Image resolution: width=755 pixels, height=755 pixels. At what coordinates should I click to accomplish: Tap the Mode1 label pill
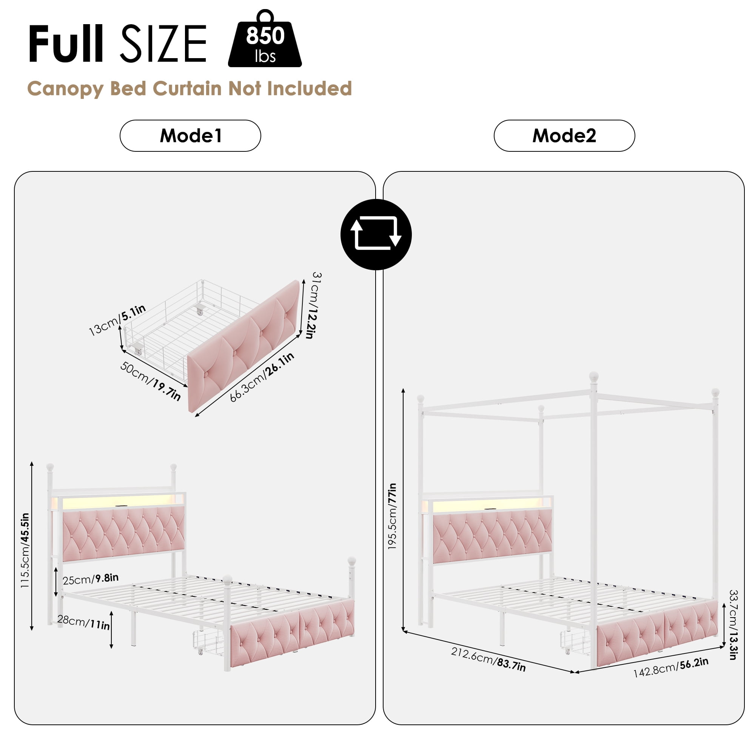(x=190, y=136)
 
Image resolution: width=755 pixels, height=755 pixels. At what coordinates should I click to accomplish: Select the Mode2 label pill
(x=564, y=136)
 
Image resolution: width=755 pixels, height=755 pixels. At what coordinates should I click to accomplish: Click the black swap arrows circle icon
(x=376, y=234)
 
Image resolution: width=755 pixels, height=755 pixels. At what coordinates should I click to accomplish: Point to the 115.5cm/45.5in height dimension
(x=25, y=550)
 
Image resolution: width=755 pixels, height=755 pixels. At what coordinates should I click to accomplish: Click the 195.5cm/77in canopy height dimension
(x=392, y=516)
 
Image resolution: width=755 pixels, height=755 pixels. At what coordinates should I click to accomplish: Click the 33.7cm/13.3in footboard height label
(x=733, y=625)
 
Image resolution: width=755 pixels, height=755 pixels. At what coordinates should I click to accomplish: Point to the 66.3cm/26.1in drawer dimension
(x=262, y=377)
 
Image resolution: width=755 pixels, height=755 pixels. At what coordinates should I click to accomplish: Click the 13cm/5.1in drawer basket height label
(x=117, y=320)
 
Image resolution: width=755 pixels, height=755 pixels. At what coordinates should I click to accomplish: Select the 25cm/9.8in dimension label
(x=90, y=579)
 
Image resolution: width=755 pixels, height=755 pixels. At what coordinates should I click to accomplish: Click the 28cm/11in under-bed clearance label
(x=83, y=622)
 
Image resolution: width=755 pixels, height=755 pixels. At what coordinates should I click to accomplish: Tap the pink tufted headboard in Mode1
(x=123, y=534)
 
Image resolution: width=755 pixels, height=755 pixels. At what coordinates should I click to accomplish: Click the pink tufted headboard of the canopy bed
(x=492, y=538)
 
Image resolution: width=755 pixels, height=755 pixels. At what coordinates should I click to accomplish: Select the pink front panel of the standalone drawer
(x=244, y=346)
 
